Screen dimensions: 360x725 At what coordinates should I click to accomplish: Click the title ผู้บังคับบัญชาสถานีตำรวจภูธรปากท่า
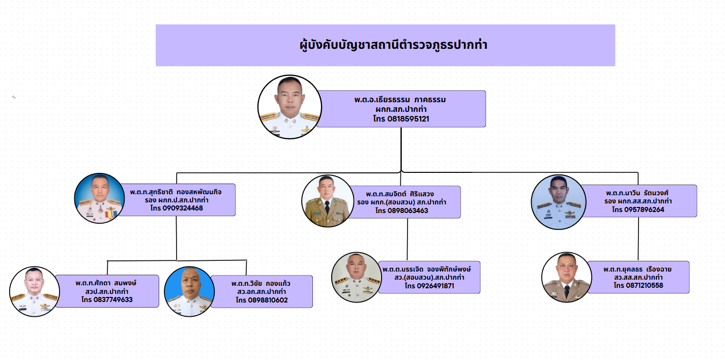click(393, 45)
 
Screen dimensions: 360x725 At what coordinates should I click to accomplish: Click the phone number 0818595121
click(401, 118)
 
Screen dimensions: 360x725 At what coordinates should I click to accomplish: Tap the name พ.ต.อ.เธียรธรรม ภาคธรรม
click(400, 100)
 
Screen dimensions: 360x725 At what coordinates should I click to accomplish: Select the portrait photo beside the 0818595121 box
click(289, 107)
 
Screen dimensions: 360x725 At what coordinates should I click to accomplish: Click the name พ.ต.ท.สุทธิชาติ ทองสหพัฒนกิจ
click(176, 192)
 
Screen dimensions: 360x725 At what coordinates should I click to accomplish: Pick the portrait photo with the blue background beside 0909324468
click(99, 198)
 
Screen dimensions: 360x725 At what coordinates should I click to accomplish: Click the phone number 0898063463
click(401, 211)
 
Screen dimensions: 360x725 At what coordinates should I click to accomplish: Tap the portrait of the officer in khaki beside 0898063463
click(327, 201)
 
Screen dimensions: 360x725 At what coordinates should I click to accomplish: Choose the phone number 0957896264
click(638, 209)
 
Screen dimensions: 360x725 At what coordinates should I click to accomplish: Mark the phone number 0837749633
click(107, 299)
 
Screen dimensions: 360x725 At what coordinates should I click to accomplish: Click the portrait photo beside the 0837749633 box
click(35, 291)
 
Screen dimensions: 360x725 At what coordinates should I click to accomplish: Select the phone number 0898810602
click(262, 300)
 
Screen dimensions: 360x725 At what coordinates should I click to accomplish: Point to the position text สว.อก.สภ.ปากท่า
click(260, 291)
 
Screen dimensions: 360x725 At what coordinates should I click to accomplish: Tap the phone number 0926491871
click(429, 286)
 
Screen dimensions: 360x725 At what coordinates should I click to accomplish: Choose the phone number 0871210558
click(638, 286)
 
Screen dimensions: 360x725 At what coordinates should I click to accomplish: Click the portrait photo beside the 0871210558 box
click(566, 277)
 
